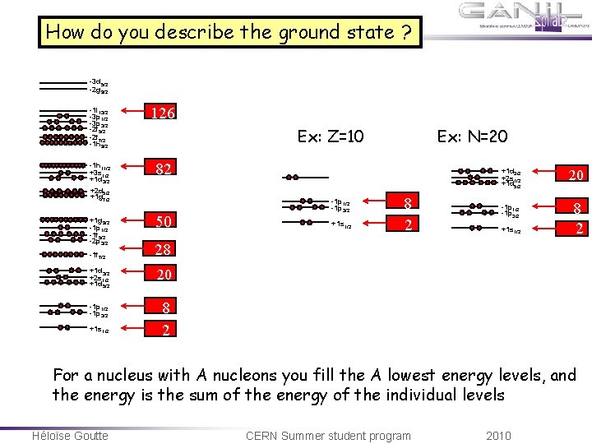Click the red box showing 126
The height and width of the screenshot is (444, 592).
click(164, 113)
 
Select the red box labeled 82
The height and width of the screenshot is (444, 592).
click(164, 169)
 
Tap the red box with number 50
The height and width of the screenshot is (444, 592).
click(164, 221)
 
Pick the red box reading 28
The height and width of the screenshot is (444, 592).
click(164, 248)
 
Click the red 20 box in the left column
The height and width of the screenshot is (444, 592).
click(164, 275)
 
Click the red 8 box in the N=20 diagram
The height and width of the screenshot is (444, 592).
click(579, 209)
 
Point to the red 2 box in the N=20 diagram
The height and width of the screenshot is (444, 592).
click(579, 229)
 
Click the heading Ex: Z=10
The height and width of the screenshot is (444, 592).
click(331, 136)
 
